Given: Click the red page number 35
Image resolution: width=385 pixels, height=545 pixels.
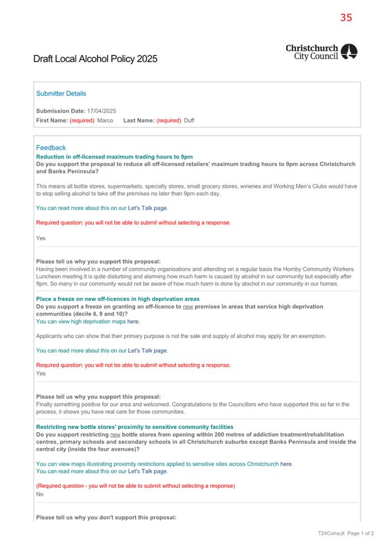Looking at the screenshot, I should tap(346, 18).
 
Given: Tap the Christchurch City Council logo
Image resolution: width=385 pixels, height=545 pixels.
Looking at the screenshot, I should tap(321, 52).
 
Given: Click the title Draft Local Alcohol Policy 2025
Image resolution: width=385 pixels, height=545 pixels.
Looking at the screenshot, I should tap(95, 59).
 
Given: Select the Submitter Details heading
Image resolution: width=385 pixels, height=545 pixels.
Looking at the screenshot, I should tap(61, 94).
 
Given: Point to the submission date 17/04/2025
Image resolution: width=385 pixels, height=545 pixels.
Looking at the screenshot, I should tap(102, 111).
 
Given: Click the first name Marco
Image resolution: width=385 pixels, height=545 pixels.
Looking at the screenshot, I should tap(105, 120).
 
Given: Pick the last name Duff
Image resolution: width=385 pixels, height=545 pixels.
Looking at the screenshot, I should tap(189, 120).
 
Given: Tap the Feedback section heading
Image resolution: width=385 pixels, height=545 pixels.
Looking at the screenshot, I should tap(51, 147).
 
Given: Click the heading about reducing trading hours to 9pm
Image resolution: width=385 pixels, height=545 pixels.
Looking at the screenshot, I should tap(114, 156).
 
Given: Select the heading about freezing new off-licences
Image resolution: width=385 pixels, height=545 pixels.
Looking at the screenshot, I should tap(117, 298).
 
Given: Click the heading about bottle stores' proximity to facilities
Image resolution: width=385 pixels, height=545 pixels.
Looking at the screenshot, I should tap(135, 427).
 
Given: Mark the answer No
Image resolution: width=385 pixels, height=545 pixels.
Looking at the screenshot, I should tap(40, 494).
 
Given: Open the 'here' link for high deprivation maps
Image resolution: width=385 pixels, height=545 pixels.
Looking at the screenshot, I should tap(133, 321).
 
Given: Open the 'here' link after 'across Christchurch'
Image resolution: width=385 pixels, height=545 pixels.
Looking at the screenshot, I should tap(286, 464).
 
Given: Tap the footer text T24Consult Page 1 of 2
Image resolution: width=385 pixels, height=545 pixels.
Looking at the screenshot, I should tap(346, 534).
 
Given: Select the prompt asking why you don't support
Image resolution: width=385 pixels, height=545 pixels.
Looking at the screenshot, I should tap(106, 517).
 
